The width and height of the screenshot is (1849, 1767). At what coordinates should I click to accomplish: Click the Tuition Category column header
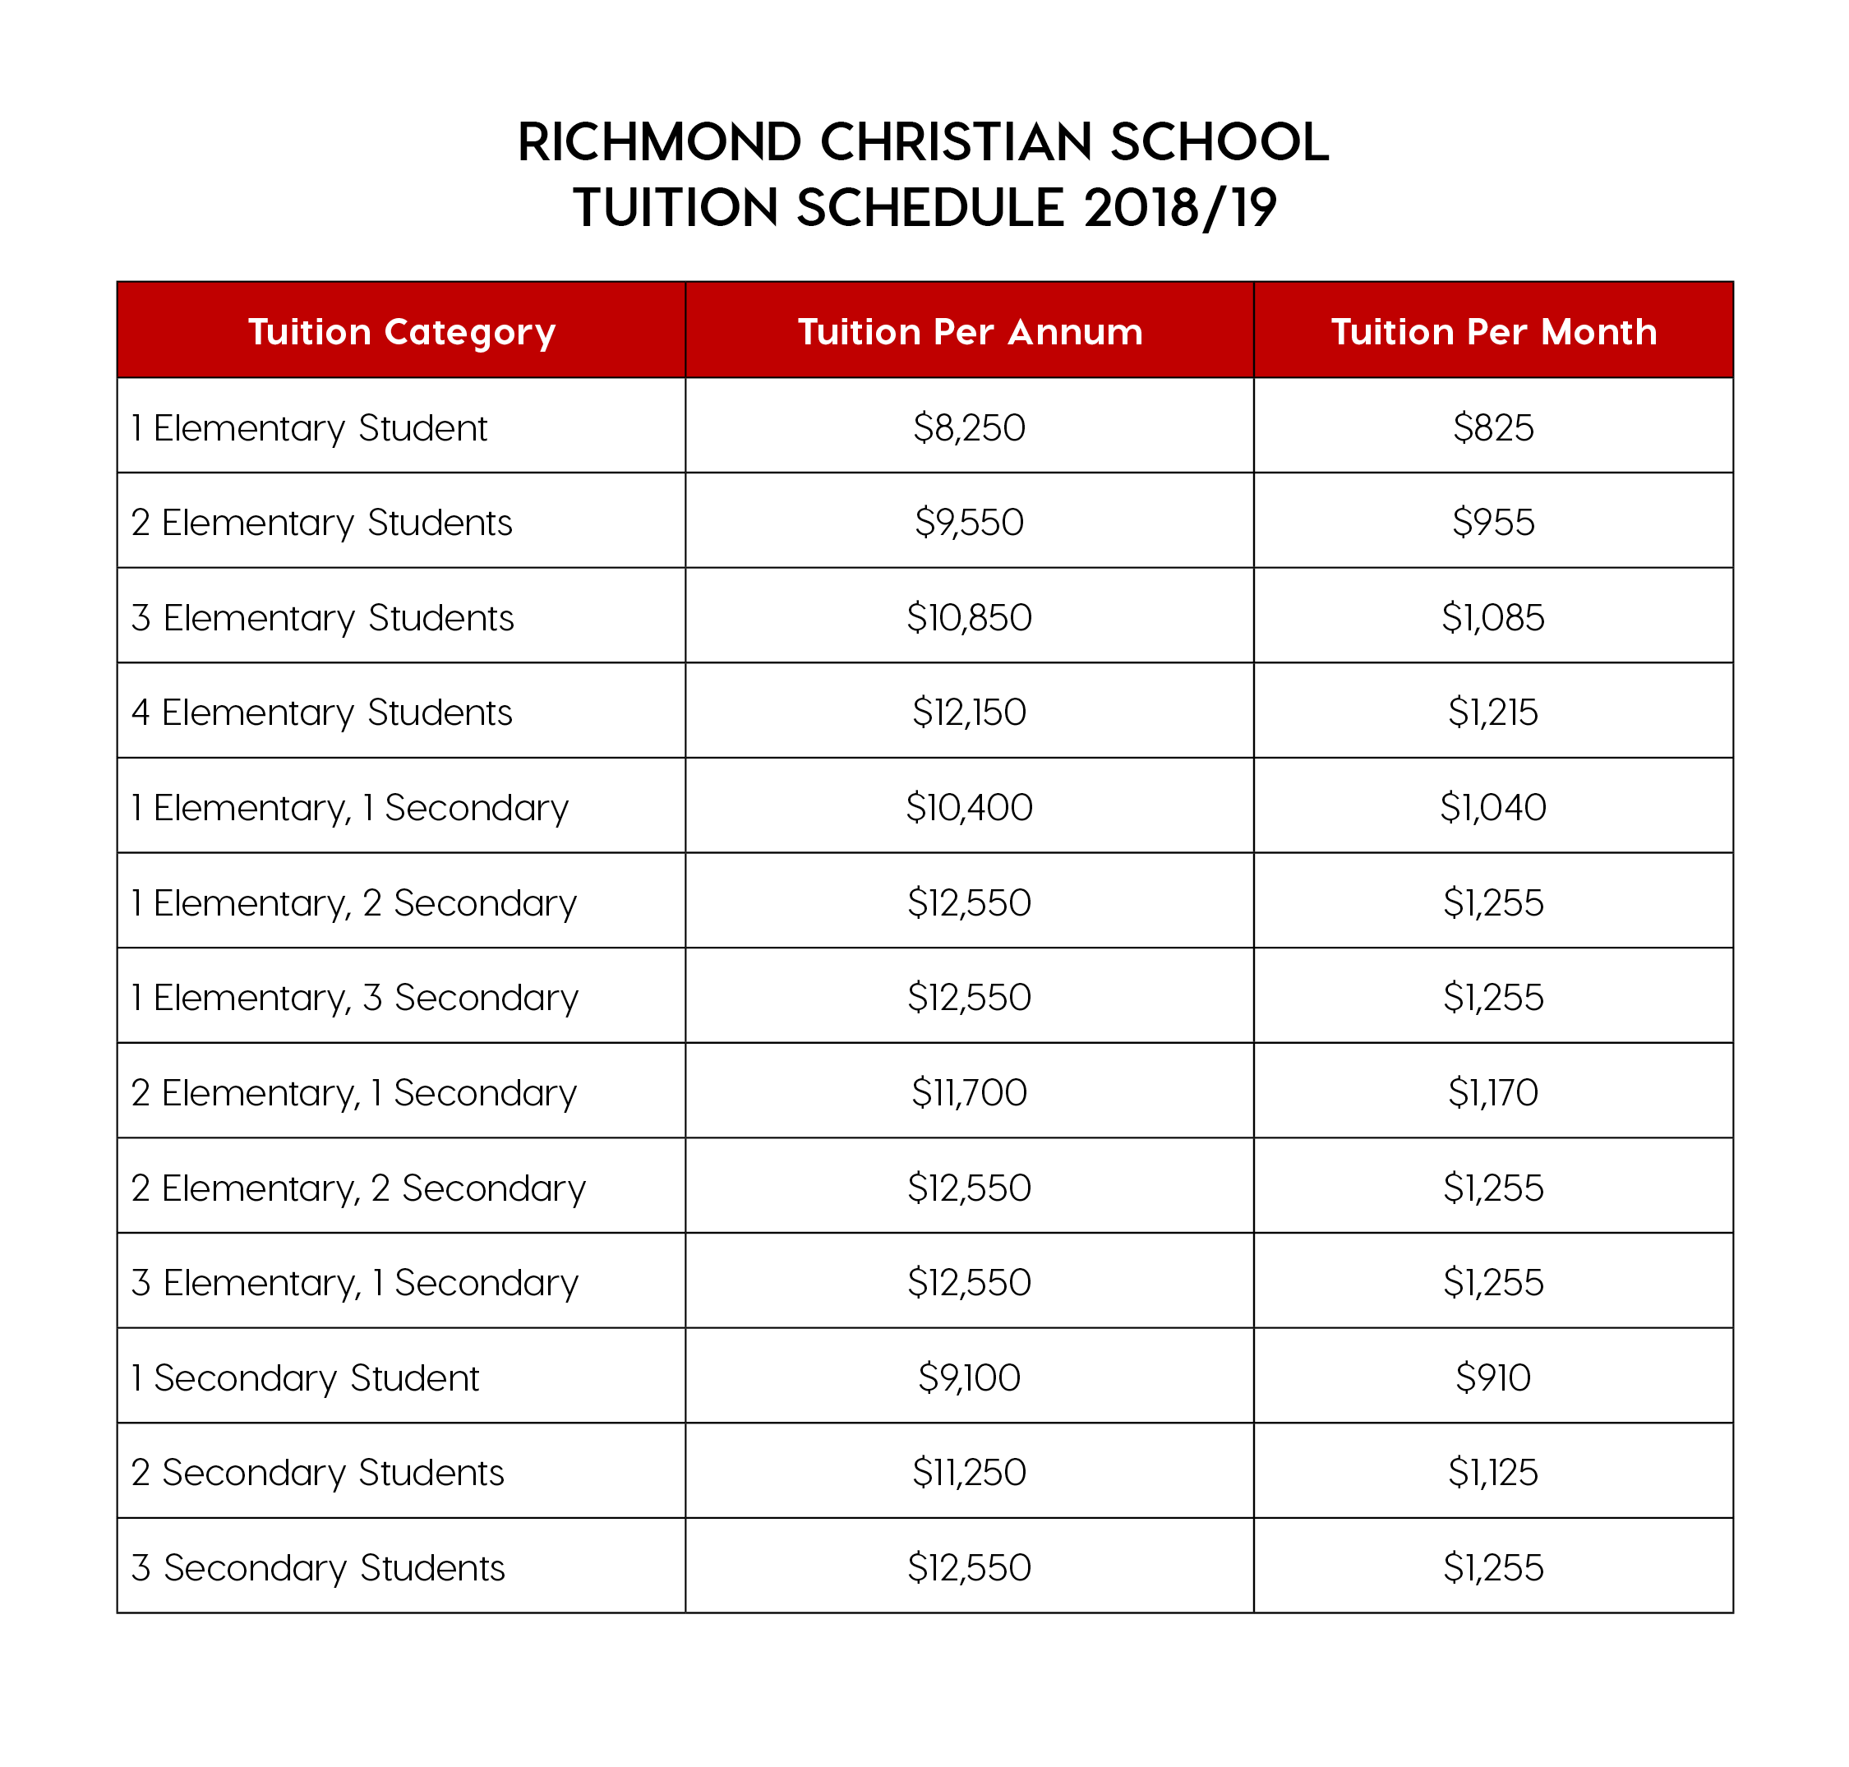401,331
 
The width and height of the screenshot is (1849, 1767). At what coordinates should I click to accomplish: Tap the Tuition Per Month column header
1493,331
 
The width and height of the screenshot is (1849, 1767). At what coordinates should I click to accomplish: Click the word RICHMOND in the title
659,142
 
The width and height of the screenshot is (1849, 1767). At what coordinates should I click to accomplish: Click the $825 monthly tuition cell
1493,427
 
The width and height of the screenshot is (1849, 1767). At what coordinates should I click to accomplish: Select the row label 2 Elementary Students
321,523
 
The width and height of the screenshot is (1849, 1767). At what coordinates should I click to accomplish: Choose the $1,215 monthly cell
1493,712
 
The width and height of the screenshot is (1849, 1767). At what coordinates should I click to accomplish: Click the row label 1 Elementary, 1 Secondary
349,807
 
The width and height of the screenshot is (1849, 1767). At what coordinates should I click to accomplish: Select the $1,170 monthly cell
1493,1092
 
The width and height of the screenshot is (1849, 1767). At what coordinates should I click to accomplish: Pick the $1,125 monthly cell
1493,1472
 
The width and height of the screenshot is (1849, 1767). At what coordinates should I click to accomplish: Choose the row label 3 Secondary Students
318,1568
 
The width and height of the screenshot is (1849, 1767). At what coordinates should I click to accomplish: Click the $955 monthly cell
1493,523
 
